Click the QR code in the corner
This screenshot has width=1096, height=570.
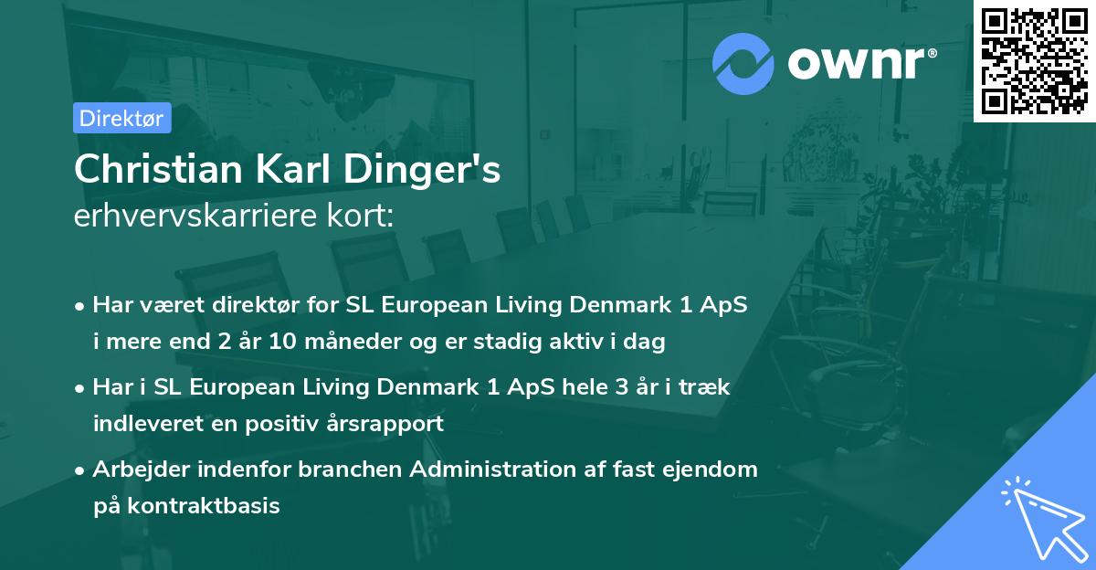coord(1033,60)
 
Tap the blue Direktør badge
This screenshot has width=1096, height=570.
coord(121,118)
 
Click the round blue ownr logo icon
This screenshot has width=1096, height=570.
coord(743,62)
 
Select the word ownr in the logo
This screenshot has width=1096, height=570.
coord(859,62)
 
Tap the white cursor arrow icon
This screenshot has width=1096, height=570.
coord(1041,517)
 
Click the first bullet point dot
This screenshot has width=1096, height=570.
coord(82,306)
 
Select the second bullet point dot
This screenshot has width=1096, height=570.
coord(82,388)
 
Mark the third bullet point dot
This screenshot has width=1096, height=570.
coord(82,470)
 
